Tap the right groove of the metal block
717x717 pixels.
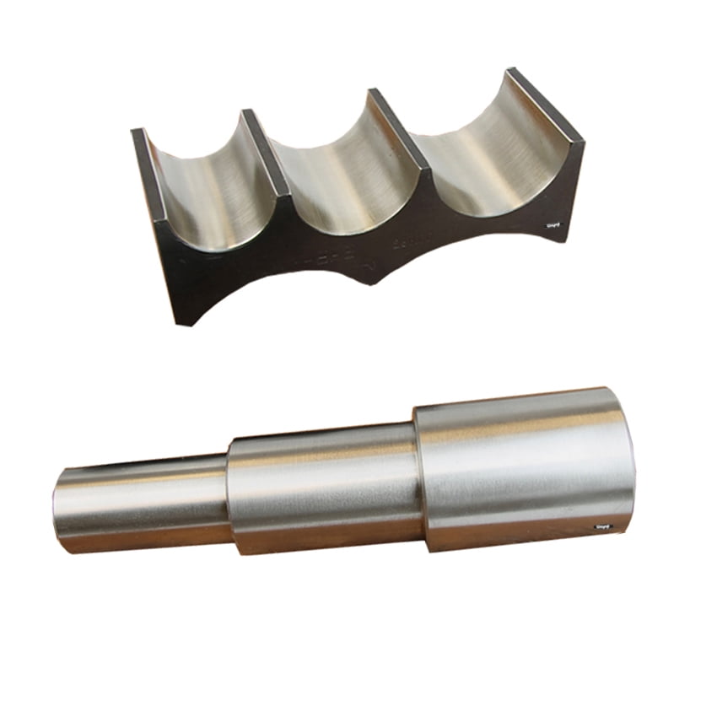pyautogui.click(x=481, y=156)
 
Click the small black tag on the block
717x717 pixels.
pyautogui.click(x=554, y=224)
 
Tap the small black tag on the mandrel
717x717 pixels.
pyautogui.click(x=602, y=526)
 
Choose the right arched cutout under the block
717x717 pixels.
pyautogui.click(x=456, y=253)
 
